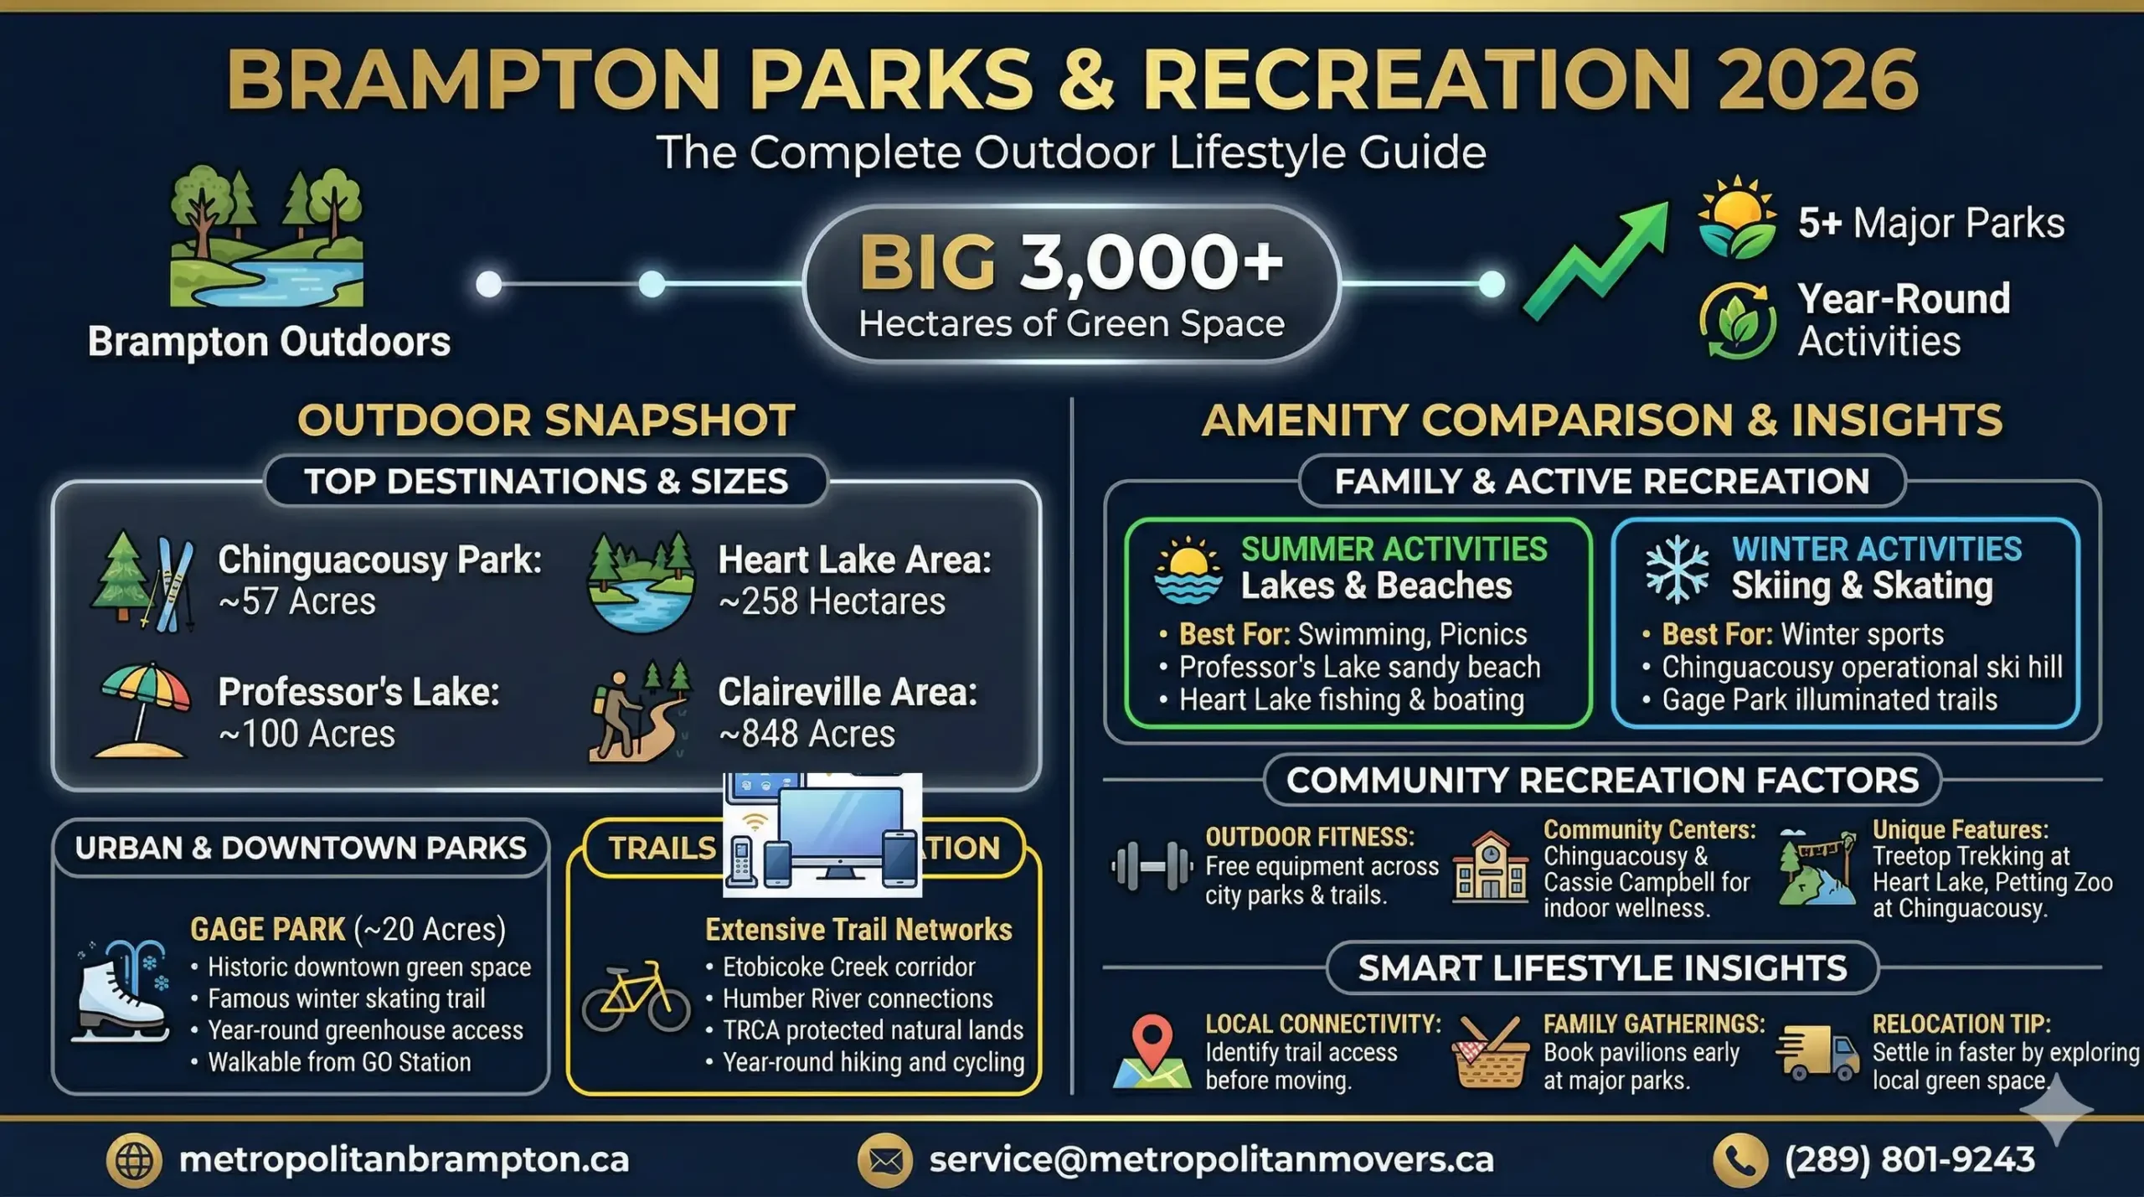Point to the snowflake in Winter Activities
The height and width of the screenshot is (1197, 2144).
coord(1676,570)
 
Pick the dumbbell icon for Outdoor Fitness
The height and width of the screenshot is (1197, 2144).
coord(1152,866)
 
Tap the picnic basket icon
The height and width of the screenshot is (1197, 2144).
coord(1489,1053)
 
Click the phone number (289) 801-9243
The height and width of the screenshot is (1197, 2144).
coord(1909,1160)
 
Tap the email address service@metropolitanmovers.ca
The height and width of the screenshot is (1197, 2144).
coord(1211,1160)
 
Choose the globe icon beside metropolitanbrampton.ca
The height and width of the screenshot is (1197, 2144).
coord(134,1161)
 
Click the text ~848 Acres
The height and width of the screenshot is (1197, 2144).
coord(807,735)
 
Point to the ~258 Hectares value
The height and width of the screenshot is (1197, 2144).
coord(832,602)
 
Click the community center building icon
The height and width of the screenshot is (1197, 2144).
coord(1489,868)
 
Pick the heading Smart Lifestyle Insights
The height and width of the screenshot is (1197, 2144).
coord(1602,968)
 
